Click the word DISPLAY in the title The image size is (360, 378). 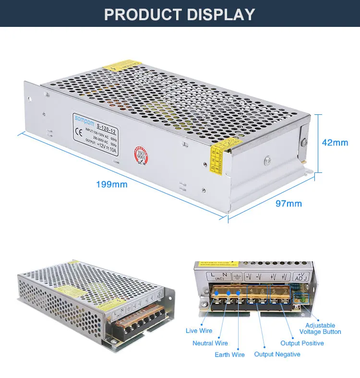coord(220,14)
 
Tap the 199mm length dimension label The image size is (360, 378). coord(112,184)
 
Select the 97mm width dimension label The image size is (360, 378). coord(288,204)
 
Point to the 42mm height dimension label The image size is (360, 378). coord(335,143)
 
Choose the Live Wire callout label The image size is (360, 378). coord(199,330)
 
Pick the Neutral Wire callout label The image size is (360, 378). coord(210,343)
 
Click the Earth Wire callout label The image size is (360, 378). coord(229,354)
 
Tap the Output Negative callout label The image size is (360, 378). coord(277,354)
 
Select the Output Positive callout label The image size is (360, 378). coord(302,343)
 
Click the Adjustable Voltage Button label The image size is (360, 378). coord(320,329)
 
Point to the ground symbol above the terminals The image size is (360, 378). coord(237,277)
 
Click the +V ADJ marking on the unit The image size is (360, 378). coord(300,277)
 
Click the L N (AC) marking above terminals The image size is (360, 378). coord(216,277)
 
